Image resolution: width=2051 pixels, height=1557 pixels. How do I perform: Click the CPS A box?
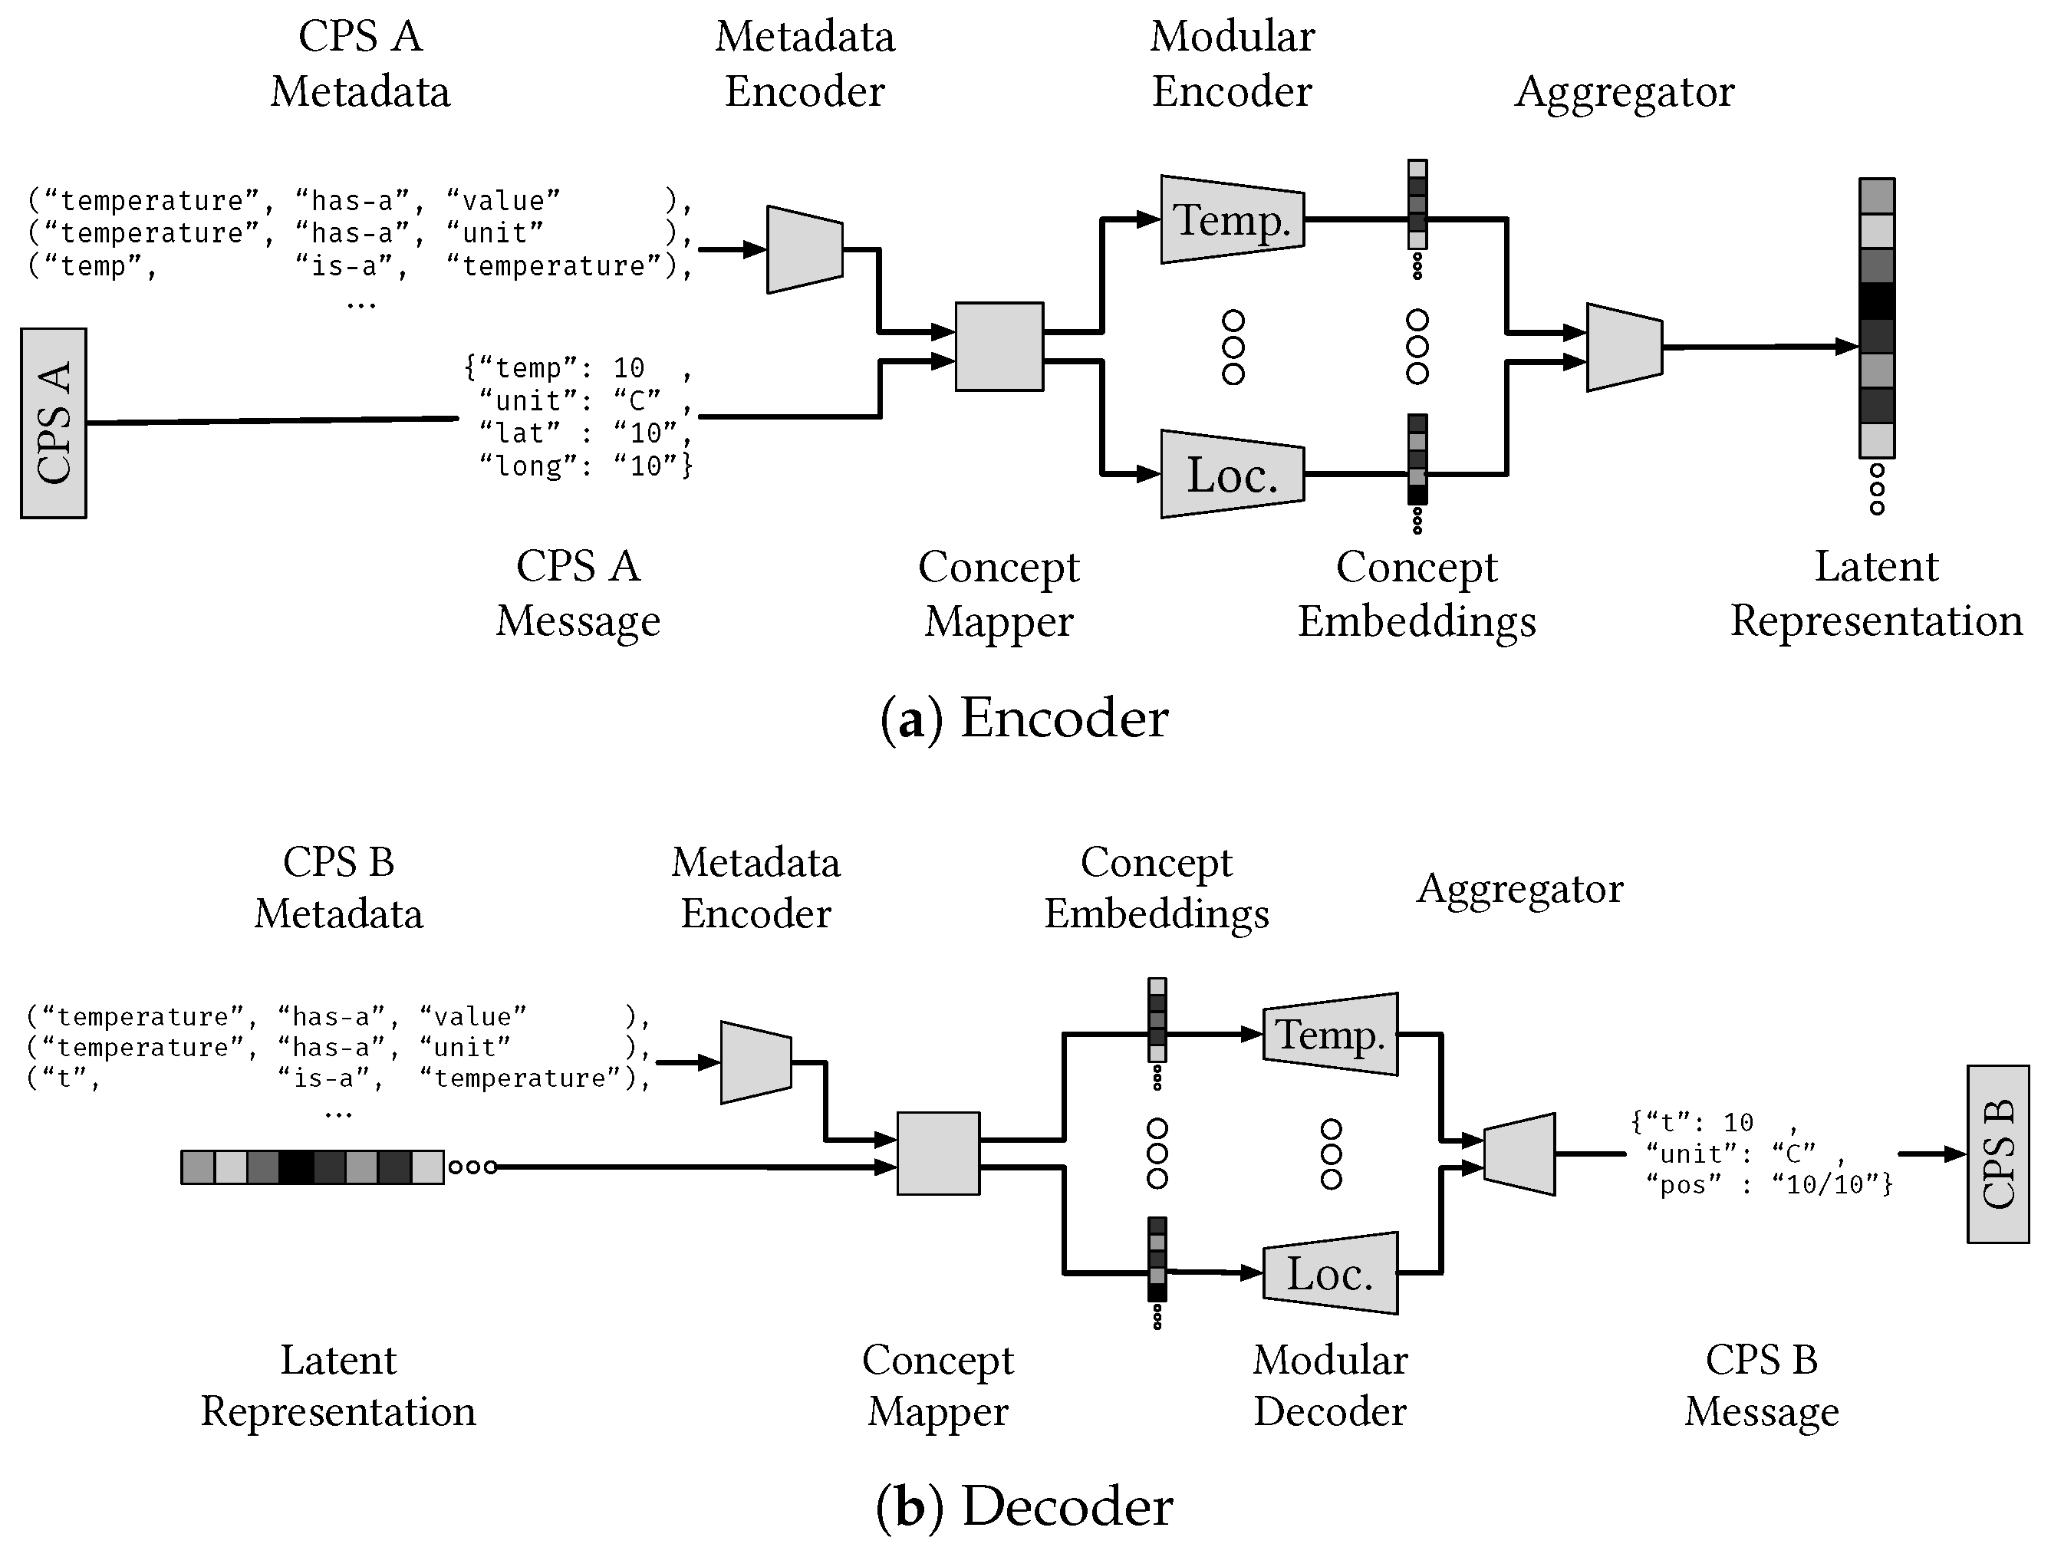coord(54,423)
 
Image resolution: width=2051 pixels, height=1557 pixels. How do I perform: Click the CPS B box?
coord(1997,1154)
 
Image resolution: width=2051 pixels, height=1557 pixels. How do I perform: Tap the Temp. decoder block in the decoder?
coord(1331,1035)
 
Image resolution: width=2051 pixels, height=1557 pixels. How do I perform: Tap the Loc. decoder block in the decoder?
coord(1331,1273)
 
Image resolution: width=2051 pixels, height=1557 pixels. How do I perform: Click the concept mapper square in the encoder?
coord(999,346)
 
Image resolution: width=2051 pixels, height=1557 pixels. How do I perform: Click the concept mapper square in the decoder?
coord(937,1153)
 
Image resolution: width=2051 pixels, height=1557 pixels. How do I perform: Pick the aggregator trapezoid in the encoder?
coord(1624,347)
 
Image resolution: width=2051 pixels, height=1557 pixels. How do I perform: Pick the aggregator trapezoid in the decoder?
coord(1519,1154)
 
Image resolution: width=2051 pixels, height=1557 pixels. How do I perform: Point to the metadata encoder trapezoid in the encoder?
coord(804,249)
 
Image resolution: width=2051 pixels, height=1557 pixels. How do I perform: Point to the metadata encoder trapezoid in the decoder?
coord(756,1063)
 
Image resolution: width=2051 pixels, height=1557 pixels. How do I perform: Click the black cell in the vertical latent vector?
coord(1877,301)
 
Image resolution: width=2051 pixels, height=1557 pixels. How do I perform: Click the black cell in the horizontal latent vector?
coord(297,1167)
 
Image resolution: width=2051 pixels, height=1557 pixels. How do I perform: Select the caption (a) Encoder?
coord(1024,719)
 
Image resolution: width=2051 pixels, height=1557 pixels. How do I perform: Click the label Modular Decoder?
coord(1330,1385)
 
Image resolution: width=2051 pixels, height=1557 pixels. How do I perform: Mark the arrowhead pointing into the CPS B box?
coord(1954,1154)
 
